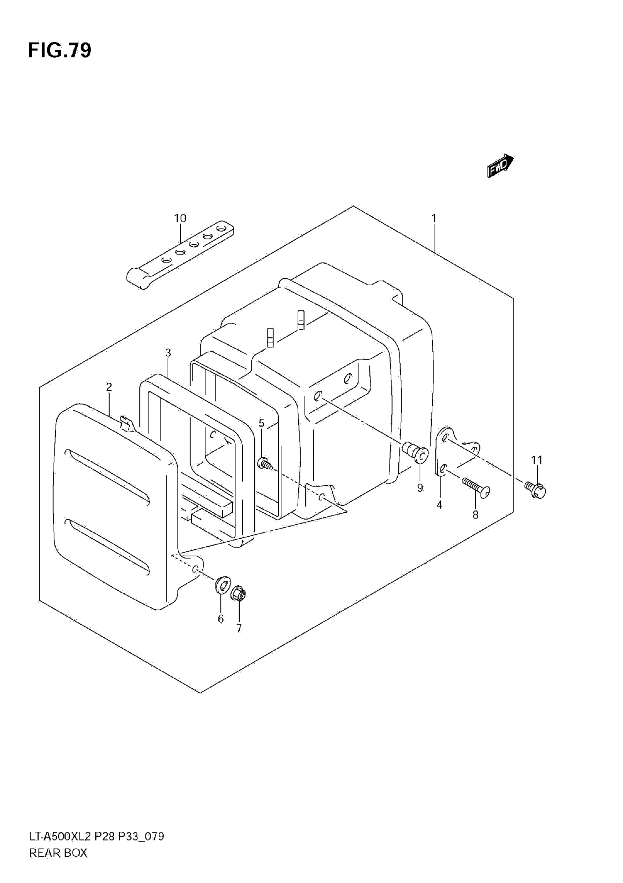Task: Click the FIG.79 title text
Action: click(60, 50)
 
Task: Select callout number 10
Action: click(180, 219)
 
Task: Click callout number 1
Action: click(434, 219)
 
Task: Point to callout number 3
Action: click(168, 353)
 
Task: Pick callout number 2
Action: click(109, 387)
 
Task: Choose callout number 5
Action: click(261, 423)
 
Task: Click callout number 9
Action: click(420, 488)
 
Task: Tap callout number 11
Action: click(537, 460)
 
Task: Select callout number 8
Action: click(475, 515)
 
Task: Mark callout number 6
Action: click(221, 619)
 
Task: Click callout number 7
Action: click(239, 629)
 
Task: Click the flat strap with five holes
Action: click(181, 254)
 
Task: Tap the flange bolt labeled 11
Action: click(535, 490)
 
